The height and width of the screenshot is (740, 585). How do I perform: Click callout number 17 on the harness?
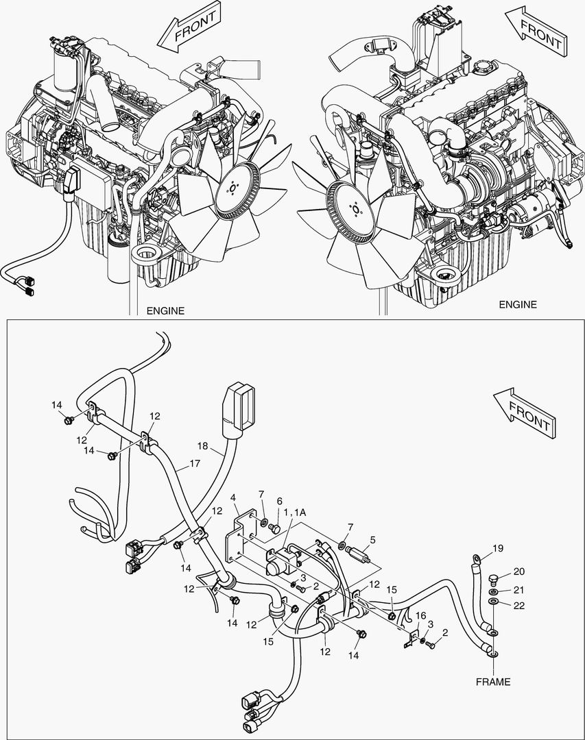click(x=195, y=463)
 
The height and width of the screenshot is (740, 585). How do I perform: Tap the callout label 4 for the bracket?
click(x=233, y=497)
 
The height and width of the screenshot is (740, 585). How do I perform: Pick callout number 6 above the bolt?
click(x=279, y=501)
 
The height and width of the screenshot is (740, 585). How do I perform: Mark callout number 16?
click(x=420, y=615)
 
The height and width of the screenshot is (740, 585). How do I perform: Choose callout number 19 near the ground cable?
click(x=499, y=547)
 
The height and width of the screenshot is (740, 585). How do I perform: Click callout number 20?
click(x=519, y=572)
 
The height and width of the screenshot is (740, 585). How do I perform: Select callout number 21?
click(x=519, y=590)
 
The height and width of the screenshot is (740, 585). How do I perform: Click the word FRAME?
click(x=494, y=682)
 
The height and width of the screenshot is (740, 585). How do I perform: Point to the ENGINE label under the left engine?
click(x=165, y=310)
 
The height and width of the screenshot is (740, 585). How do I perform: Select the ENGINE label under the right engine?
click(x=517, y=304)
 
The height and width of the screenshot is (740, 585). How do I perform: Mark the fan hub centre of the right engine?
click(x=354, y=208)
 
